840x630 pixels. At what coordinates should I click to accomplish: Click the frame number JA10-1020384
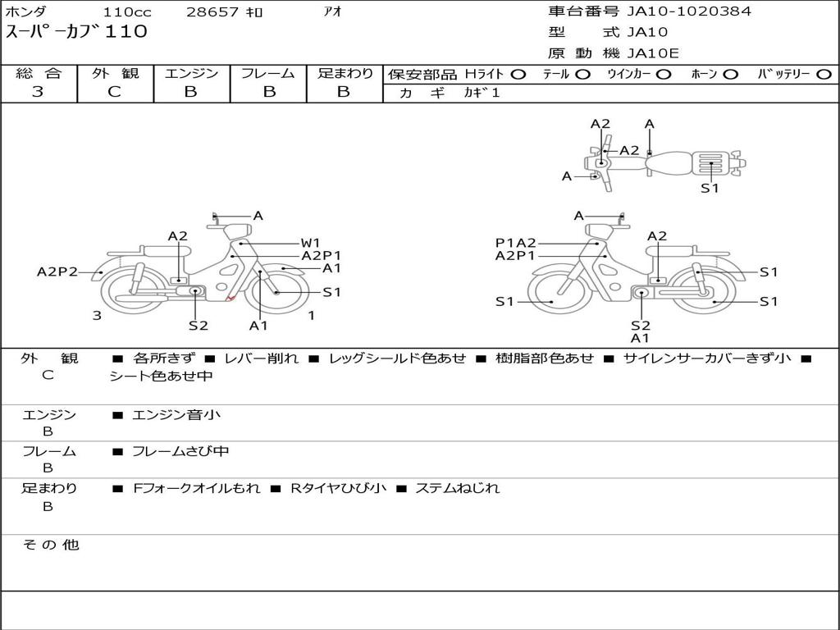click(689, 11)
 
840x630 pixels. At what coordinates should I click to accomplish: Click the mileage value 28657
click(212, 12)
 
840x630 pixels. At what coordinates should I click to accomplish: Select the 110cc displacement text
click(127, 12)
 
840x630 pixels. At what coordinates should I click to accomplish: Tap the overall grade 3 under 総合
click(38, 92)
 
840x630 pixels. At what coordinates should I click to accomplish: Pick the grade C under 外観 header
click(115, 92)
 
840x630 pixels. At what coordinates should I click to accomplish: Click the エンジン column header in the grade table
click(192, 73)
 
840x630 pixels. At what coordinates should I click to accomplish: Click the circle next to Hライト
click(518, 75)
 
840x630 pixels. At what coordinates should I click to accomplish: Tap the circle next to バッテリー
click(824, 75)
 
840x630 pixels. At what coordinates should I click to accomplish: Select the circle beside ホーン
click(731, 75)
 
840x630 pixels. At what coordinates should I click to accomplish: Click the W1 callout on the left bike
click(310, 243)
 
